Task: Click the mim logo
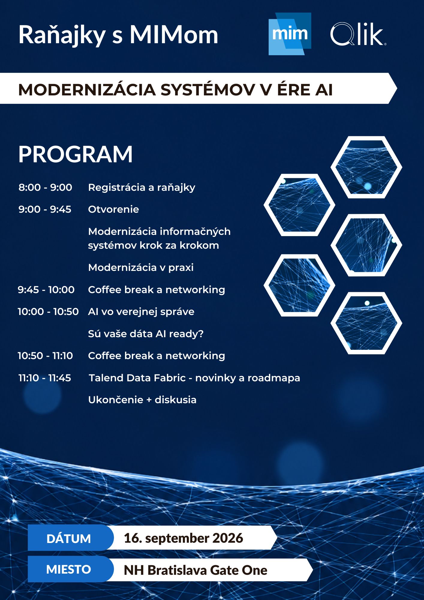pos(290,34)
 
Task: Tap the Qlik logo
pos(358,34)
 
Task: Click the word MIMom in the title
pos(174,35)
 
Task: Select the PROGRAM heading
pos(75,154)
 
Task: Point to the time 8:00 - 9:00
pos(45,187)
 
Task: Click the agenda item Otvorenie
pos(113,209)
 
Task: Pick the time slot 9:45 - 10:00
pos(46,289)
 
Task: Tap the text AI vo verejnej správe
pos(141,312)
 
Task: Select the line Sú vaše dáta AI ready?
pos(146,334)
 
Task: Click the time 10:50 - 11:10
pos(45,355)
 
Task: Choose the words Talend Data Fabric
pos(137,378)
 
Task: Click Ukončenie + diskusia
pos(142,400)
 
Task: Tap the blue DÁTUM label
pos(69,539)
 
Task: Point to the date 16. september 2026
pos(183,538)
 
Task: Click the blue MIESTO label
pos(69,569)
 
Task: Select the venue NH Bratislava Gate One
pos(196,570)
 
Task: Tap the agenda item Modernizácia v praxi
pos(141,268)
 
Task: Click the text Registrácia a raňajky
pos(142,187)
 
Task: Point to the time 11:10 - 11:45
pos(45,378)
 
